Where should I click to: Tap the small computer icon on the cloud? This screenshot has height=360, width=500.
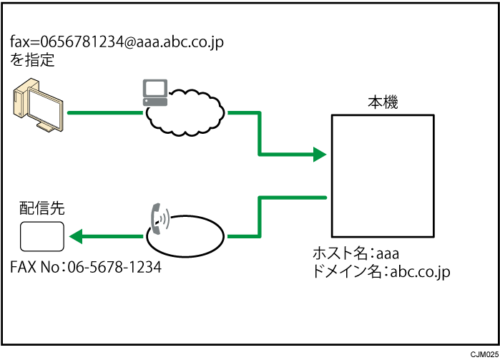155,92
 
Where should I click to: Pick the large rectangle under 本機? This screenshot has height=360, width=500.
382,175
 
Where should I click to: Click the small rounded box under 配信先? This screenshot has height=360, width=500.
41,236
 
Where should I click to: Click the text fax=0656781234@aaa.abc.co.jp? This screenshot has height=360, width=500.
117,42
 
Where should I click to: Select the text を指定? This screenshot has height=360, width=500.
32,60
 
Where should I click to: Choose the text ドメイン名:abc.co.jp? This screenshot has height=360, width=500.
381,271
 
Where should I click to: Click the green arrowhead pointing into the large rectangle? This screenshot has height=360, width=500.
318,154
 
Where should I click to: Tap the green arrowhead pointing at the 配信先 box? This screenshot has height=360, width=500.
75,236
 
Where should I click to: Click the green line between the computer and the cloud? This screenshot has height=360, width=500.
104,112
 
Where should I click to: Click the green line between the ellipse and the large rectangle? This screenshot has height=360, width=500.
260,215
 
